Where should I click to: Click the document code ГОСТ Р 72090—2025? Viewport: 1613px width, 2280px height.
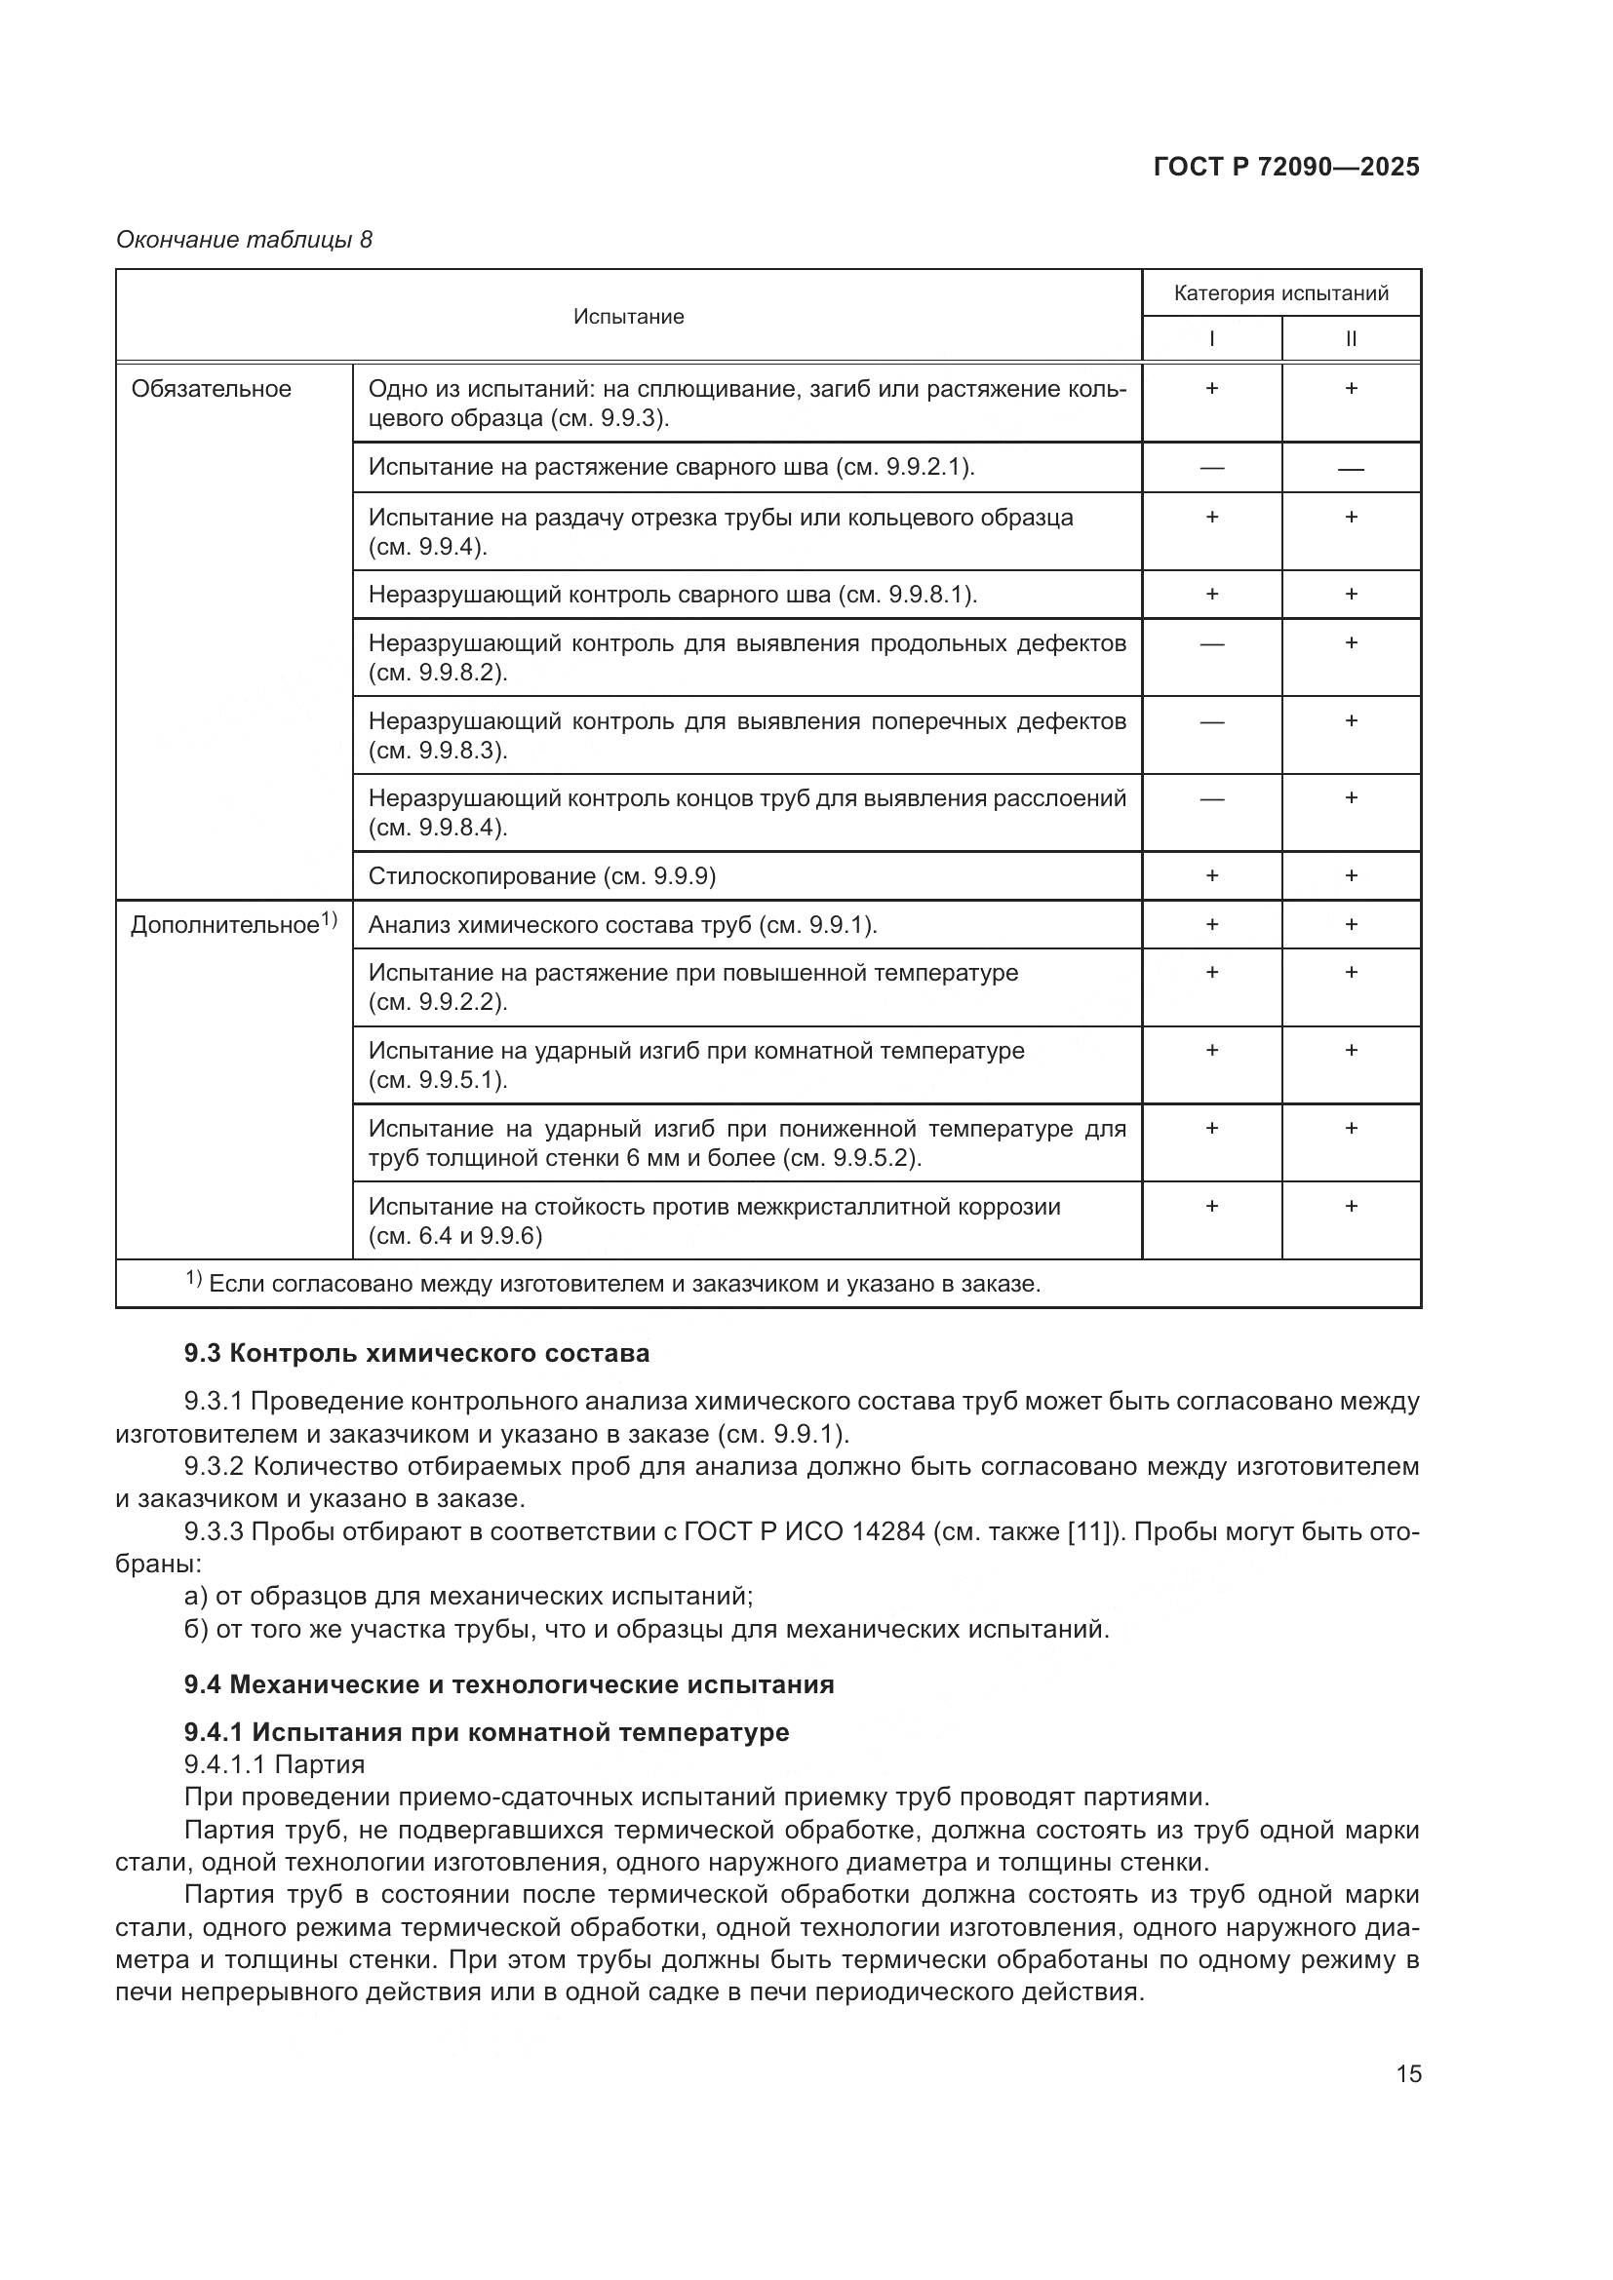point(1286,167)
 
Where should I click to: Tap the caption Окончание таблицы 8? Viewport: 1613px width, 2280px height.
point(245,240)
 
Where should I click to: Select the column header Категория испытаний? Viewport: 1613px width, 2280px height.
point(1280,293)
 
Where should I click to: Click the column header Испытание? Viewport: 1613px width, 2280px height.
point(628,317)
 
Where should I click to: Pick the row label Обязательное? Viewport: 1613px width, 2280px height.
point(212,389)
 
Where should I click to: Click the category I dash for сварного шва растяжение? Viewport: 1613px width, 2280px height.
point(1211,468)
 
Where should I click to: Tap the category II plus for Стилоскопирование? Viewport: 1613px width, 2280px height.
point(1351,876)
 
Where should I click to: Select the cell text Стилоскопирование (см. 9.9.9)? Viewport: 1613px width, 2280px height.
point(541,876)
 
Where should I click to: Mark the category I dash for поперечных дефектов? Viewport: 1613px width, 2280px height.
point(1211,722)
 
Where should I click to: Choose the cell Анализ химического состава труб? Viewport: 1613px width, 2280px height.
point(622,925)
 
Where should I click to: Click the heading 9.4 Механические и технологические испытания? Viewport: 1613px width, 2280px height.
point(508,1684)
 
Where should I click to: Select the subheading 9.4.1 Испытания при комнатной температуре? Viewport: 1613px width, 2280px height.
point(487,1732)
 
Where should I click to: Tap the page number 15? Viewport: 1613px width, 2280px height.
point(1407,2073)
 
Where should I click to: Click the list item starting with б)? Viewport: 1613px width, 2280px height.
point(646,1629)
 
